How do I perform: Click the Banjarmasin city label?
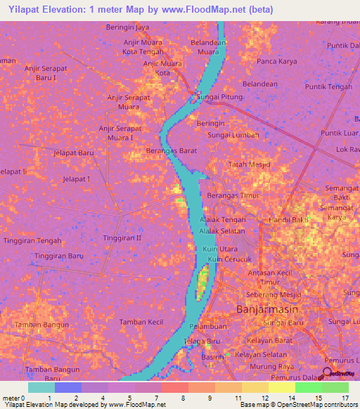(267, 309)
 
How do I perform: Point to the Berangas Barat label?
(170, 150)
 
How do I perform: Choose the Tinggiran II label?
(122, 238)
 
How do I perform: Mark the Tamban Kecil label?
(141, 322)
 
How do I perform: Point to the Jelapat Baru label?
(74, 152)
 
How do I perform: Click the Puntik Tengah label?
(328, 87)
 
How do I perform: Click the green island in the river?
(202, 281)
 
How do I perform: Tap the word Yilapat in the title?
(26, 9)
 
